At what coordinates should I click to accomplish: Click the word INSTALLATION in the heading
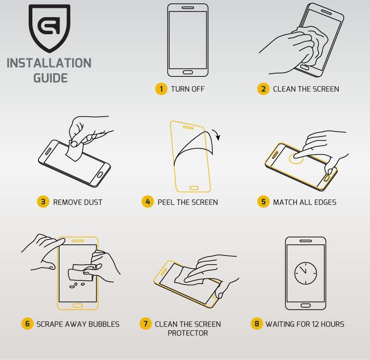pos(49,63)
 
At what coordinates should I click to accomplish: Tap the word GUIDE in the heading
pos(50,78)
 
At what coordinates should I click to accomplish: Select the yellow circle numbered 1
pos(161,89)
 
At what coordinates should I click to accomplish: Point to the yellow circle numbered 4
pos(148,202)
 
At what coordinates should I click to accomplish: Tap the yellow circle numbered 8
pos(257,323)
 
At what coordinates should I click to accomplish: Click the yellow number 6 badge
pos(27,323)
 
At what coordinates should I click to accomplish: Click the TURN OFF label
pos(188,89)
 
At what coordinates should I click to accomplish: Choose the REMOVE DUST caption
pos(78,202)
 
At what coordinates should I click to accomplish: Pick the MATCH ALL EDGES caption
pos(305,202)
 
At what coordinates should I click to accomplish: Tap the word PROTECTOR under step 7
pos(188,333)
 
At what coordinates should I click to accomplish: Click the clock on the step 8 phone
pos(306,273)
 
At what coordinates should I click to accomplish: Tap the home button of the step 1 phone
pos(188,72)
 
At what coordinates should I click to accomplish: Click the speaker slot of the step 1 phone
pos(188,7)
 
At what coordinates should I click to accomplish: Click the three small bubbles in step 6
pos(76,285)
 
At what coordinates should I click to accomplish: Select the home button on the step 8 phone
pos(306,305)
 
